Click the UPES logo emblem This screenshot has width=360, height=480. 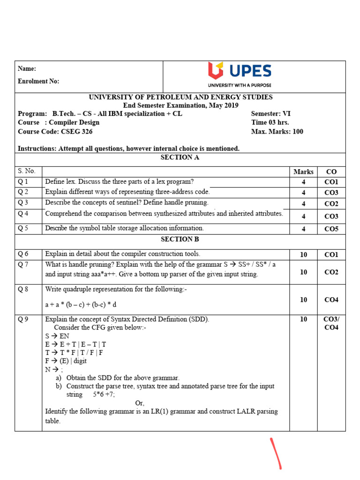(x=216, y=71)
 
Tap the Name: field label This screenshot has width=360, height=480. (x=27, y=68)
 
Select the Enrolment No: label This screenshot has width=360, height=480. (x=38, y=81)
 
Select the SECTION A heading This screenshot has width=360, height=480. (x=180, y=157)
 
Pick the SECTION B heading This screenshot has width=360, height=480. (x=180, y=239)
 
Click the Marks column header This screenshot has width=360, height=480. (x=303, y=172)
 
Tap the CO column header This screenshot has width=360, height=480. (x=331, y=172)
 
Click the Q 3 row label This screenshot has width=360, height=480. (x=23, y=202)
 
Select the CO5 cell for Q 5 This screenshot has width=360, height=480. (x=331, y=229)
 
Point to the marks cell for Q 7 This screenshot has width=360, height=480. (x=303, y=272)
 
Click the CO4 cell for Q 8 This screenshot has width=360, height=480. (x=331, y=300)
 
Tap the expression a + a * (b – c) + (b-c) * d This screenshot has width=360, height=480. (x=81, y=305)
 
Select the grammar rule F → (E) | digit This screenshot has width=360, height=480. (x=66, y=361)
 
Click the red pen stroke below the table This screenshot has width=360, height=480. (x=276, y=453)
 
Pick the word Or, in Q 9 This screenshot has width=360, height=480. (x=140, y=403)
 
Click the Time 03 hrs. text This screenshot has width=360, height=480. (x=270, y=123)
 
